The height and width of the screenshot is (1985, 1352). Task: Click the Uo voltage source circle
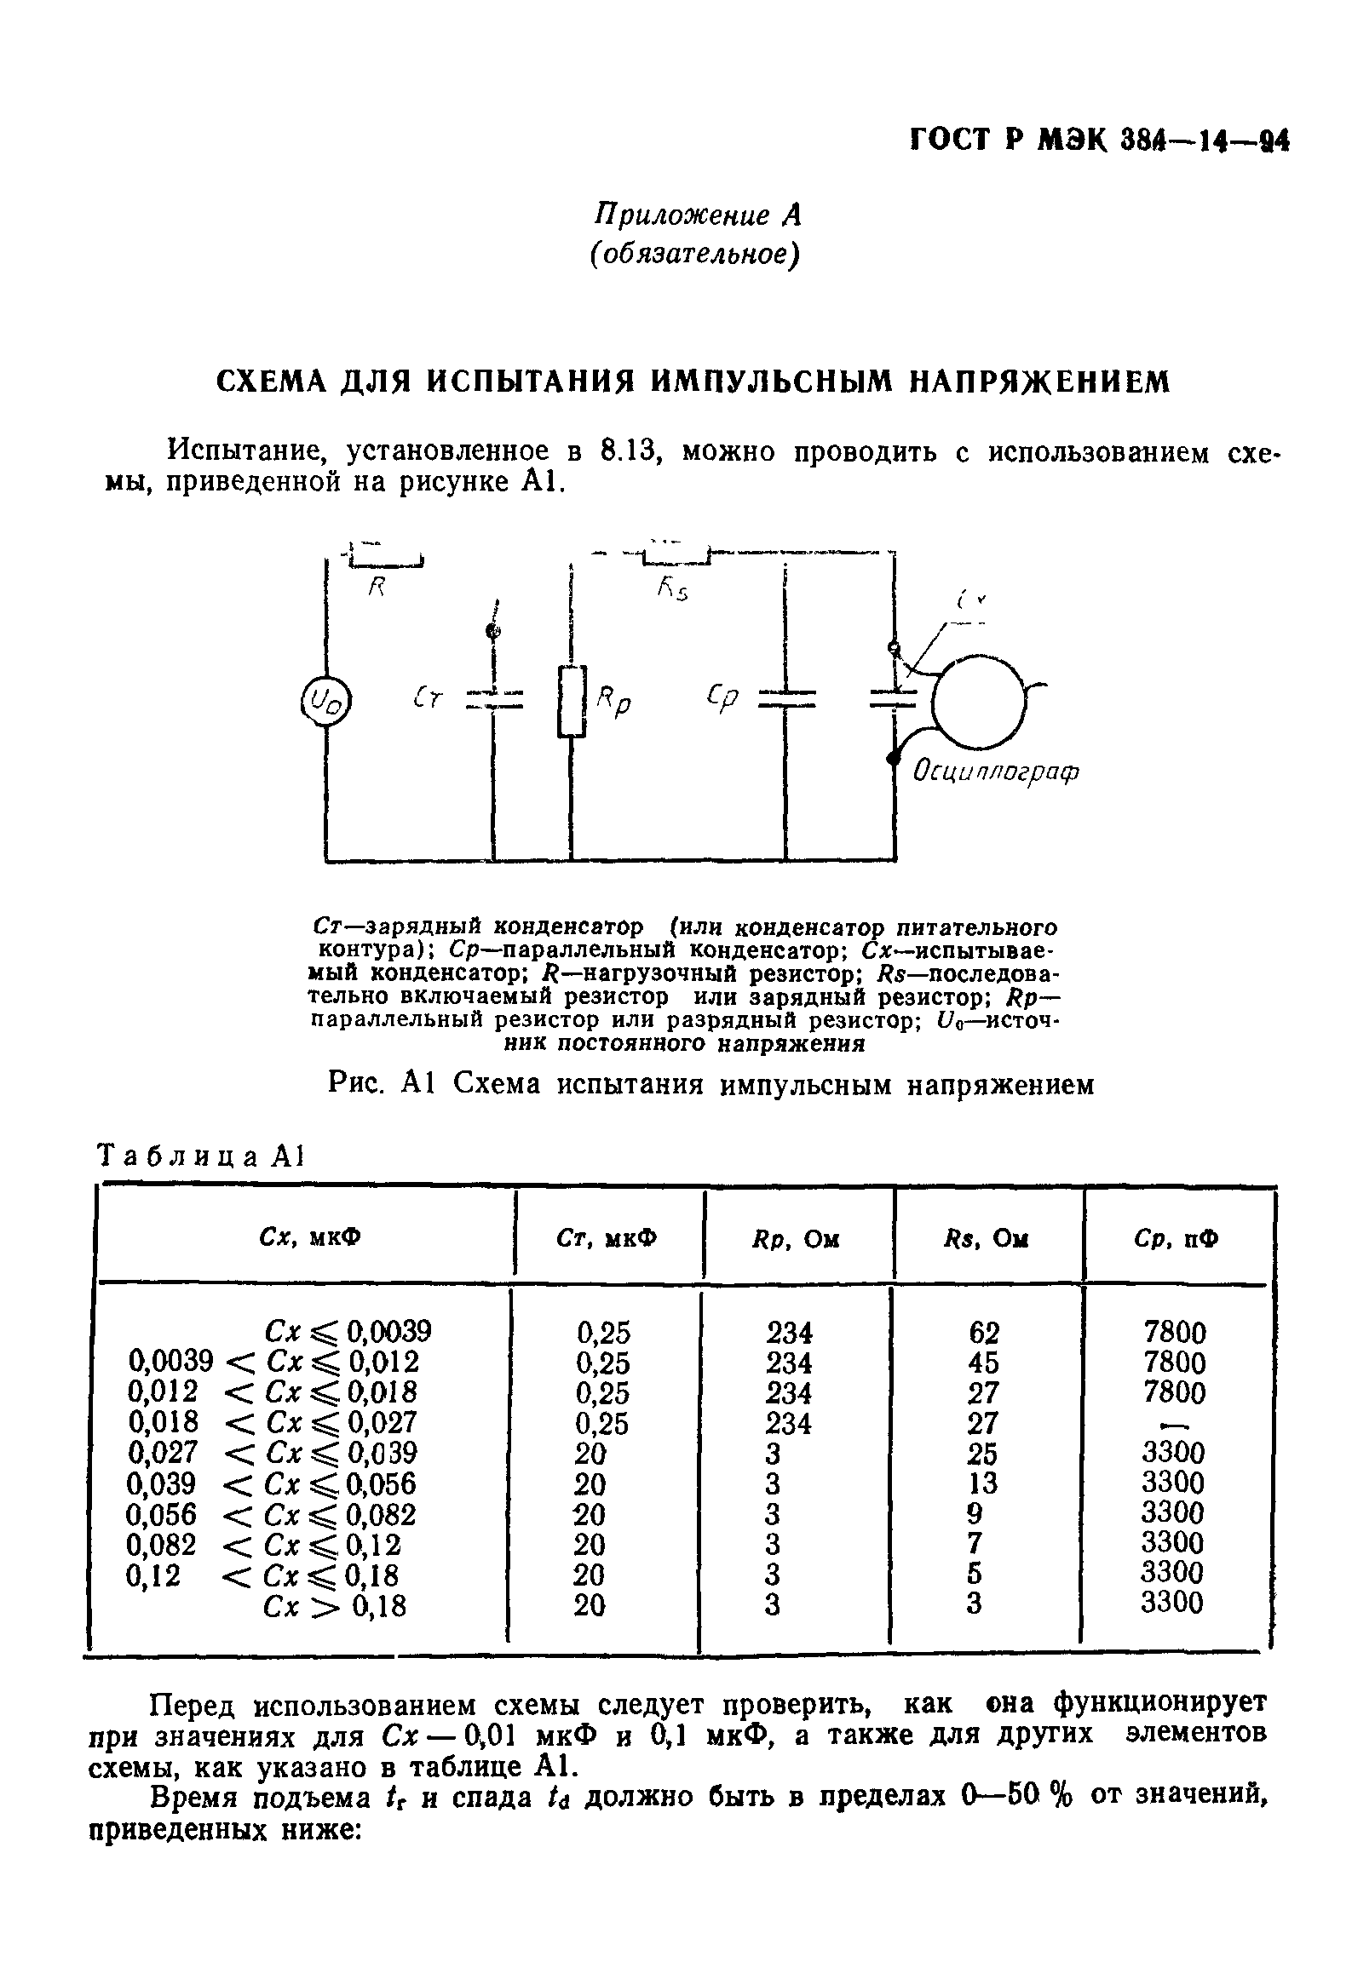(x=326, y=703)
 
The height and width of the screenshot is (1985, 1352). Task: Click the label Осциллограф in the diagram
(x=997, y=772)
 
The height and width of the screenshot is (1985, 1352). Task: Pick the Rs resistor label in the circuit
(x=672, y=588)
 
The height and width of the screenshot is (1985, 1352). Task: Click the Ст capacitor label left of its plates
(x=428, y=699)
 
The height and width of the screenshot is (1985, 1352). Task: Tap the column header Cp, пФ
(x=1177, y=1238)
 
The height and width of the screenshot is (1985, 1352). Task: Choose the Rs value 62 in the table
(x=984, y=1333)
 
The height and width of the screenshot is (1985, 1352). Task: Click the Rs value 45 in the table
(x=984, y=1363)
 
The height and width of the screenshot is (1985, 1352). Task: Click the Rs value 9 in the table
(x=974, y=1513)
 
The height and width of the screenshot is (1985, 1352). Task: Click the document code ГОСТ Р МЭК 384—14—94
(x=1098, y=140)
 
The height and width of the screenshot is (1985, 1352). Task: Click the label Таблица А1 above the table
(x=202, y=1156)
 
